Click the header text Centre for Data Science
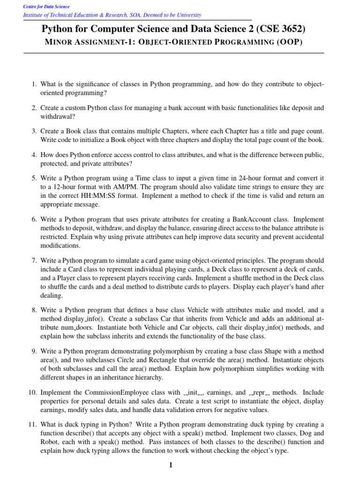47,7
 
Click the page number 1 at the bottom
171,465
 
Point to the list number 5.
34,178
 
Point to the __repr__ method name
259,392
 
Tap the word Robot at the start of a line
50,442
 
